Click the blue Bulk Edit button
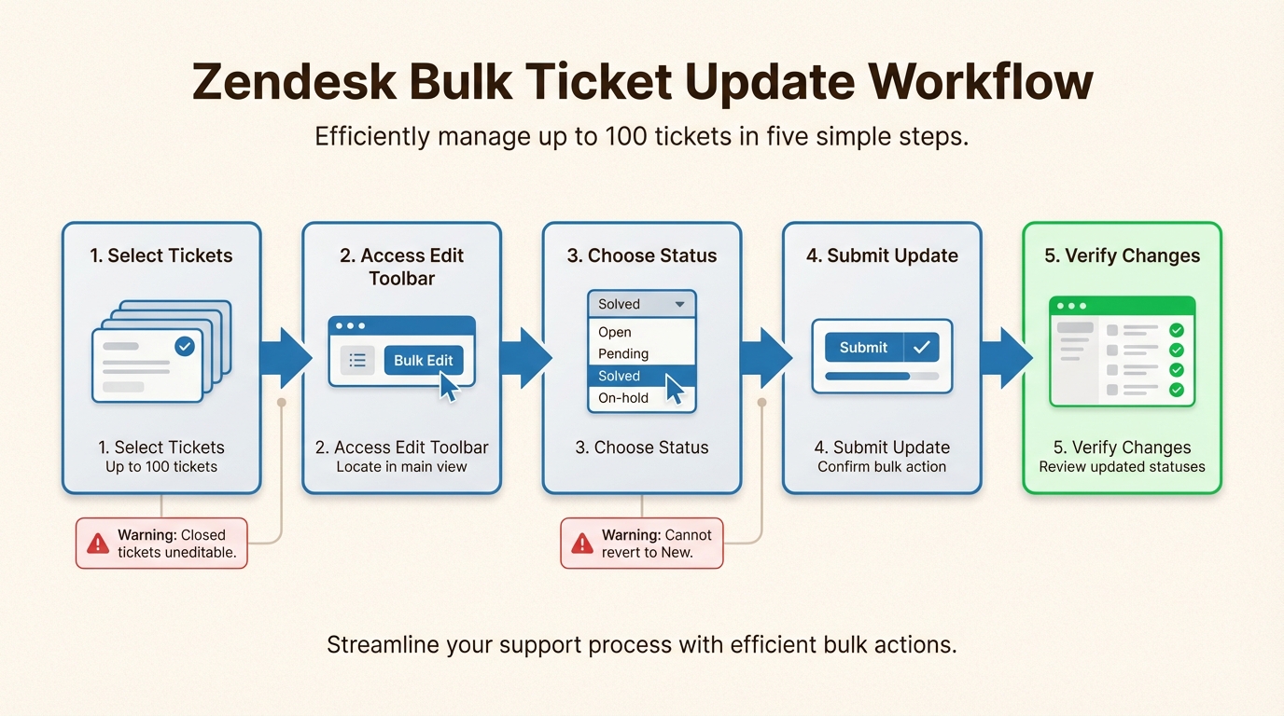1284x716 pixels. pos(423,361)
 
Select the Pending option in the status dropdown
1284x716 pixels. pos(623,353)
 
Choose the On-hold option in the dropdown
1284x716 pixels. pos(623,398)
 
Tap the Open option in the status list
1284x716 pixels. pos(615,332)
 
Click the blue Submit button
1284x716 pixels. pos(864,348)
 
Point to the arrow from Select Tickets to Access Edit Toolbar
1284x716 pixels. pos(285,358)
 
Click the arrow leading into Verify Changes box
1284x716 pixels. pos(1005,358)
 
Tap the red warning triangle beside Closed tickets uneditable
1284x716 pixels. pos(98,544)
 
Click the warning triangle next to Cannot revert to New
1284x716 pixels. pos(582,544)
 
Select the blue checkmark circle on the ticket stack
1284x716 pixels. pos(185,347)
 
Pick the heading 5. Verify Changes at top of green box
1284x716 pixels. pos(1122,255)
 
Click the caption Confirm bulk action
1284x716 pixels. pos(882,467)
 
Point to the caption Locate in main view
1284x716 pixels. pos(402,467)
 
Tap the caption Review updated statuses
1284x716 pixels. pos(1122,467)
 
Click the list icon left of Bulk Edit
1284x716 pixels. pos(357,361)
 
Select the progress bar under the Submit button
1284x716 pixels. pos(882,377)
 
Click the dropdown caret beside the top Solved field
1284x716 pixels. pos(680,305)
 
